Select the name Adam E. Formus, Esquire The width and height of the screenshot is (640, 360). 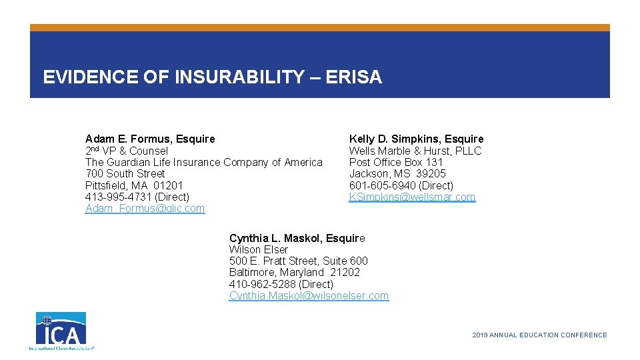point(150,139)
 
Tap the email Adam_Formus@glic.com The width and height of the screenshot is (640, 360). point(145,209)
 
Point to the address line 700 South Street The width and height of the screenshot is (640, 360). point(125,174)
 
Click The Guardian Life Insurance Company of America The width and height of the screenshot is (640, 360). point(203,163)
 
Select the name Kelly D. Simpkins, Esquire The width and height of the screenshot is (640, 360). point(416,139)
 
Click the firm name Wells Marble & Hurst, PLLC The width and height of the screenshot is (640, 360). point(415,151)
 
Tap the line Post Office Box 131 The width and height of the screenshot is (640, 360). point(396,163)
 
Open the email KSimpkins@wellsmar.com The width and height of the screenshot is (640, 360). point(412,197)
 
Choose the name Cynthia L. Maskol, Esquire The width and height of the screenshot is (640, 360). point(297,238)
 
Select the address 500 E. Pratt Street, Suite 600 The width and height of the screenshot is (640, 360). point(298,261)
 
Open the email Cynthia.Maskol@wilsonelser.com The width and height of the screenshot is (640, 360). point(309,296)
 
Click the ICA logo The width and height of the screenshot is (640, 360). point(61,331)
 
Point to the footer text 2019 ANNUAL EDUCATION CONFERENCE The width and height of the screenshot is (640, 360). point(539,335)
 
